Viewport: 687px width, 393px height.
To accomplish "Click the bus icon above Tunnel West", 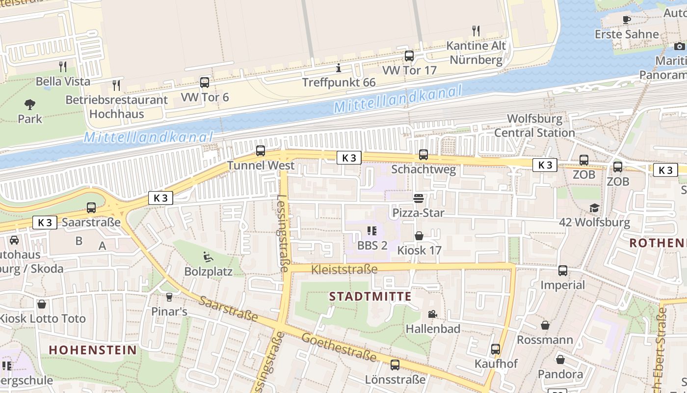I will click(261, 151).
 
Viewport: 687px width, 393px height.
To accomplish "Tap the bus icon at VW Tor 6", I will click(205, 83).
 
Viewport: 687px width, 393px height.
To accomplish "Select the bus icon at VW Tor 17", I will click(409, 56).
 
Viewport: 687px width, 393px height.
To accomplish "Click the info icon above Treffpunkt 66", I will click(338, 68).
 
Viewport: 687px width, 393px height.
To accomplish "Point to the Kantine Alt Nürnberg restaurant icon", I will click(476, 31).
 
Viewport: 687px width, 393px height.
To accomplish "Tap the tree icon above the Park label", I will click(30, 104).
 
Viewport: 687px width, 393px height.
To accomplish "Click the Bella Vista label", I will click(63, 81).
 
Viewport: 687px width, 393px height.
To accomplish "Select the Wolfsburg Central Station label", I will click(534, 126).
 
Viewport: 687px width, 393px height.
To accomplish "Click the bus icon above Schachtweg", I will click(423, 155).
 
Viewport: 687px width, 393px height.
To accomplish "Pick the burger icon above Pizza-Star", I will click(419, 198).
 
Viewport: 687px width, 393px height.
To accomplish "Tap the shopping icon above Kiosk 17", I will click(419, 236).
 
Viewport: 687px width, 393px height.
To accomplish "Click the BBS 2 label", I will click(372, 245).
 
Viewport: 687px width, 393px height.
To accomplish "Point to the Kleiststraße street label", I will click(344, 269).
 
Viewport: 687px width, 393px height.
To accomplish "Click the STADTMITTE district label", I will click(370, 296).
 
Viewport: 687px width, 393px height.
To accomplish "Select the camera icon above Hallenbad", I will click(432, 314).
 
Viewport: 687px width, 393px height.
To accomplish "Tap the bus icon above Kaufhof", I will click(496, 349).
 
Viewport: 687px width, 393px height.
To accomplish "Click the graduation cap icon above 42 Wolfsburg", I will click(594, 208).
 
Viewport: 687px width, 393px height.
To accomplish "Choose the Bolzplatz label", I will click(208, 272).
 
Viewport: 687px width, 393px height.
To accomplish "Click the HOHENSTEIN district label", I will click(93, 350).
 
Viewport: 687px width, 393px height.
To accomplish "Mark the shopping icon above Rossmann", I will click(545, 325).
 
